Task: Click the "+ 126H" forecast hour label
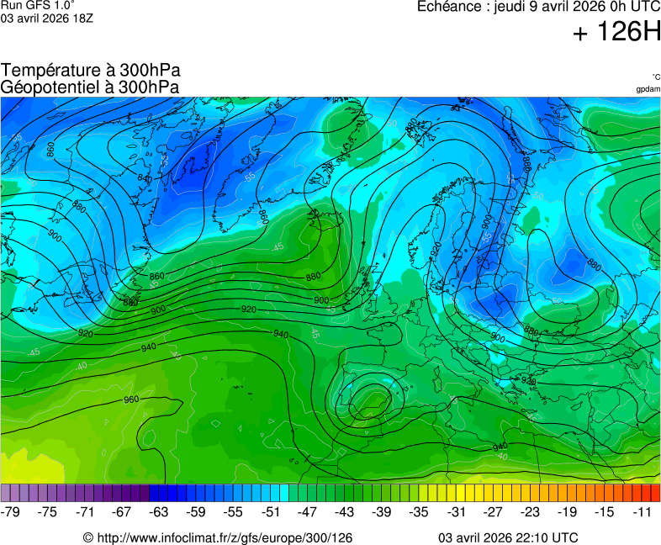tap(616, 33)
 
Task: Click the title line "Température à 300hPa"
tap(90, 71)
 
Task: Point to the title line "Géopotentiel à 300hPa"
tap(90, 87)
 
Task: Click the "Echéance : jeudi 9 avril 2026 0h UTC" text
tap(538, 7)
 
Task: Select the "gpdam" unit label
tap(648, 89)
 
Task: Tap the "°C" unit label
tap(655, 77)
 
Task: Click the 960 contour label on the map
tap(131, 399)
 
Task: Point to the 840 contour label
tap(145, 178)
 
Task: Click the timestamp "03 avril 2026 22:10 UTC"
tap(507, 537)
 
